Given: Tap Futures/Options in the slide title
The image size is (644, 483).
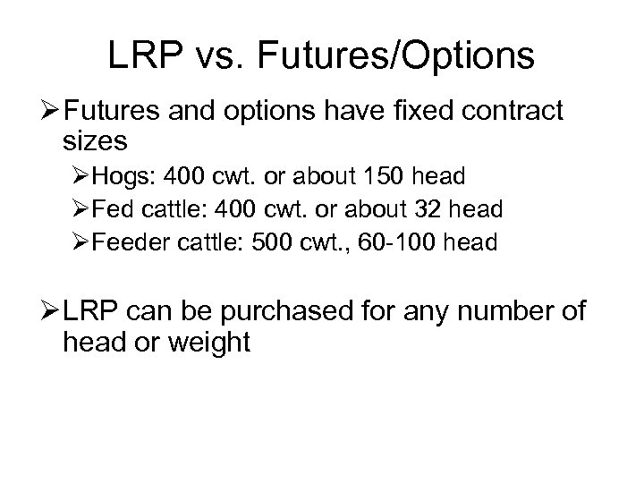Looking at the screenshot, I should click(394, 55).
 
